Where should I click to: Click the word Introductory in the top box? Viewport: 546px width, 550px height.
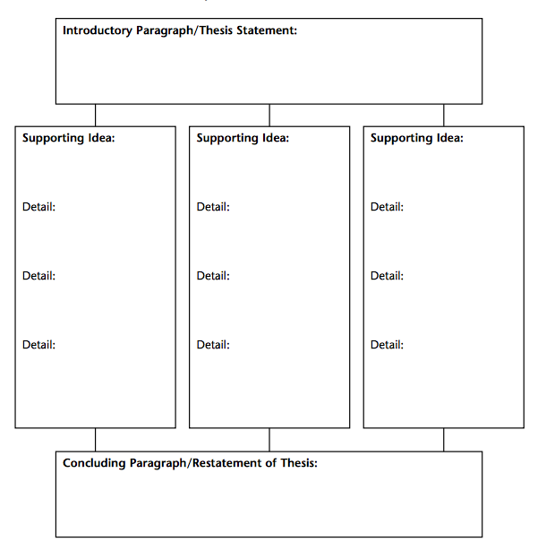(x=98, y=30)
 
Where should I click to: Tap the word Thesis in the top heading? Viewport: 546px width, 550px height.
(x=216, y=30)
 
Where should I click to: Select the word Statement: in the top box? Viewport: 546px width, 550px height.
(x=267, y=30)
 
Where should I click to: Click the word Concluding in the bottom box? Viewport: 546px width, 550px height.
(x=94, y=463)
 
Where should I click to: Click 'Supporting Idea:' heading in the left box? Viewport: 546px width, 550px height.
(x=69, y=138)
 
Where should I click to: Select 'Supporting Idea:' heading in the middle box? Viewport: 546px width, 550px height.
(x=243, y=138)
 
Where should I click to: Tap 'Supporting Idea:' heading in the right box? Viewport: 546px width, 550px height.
(x=417, y=138)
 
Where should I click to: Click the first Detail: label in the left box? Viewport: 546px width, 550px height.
(x=38, y=207)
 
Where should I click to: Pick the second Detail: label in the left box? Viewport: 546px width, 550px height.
(x=38, y=276)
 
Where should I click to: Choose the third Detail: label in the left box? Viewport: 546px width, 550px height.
(x=38, y=345)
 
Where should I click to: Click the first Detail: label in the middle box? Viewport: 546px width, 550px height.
(x=213, y=207)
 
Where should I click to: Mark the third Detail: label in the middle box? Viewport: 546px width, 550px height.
(x=213, y=345)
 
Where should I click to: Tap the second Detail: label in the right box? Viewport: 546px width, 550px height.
(x=388, y=276)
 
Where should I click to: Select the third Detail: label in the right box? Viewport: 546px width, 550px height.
(x=388, y=345)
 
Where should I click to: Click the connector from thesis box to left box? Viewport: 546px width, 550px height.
(x=95, y=116)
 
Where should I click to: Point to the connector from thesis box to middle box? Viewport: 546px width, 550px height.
(x=269, y=116)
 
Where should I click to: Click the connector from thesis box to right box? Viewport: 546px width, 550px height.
(x=444, y=116)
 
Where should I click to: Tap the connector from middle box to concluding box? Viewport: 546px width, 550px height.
(x=269, y=440)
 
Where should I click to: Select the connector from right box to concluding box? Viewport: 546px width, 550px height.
(x=444, y=440)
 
